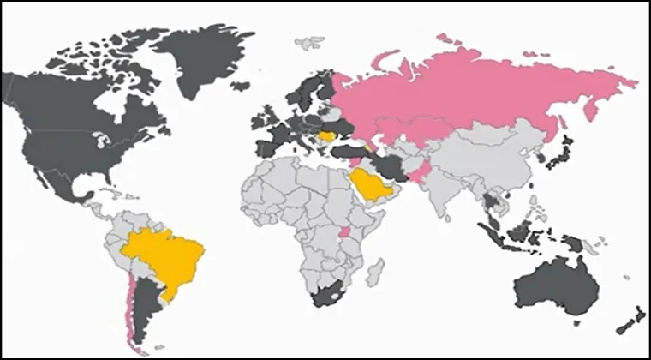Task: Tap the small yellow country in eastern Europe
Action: click(327, 135)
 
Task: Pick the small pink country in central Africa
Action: click(344, 234)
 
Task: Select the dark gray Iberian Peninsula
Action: click(266, 148)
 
